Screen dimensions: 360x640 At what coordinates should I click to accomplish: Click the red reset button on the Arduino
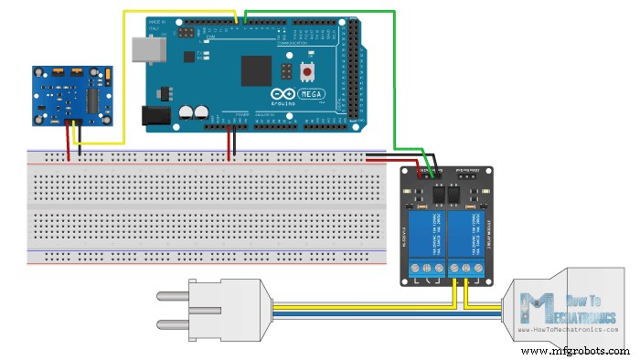[x=307, y=71]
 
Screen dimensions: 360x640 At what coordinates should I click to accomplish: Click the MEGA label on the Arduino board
[x=307, y=94]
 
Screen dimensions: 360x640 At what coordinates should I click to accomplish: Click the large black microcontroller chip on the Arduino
[x=257, y=70]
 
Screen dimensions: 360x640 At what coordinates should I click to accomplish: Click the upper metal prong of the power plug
[x=174, y=294]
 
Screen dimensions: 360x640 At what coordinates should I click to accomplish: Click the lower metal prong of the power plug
[x=174, y=323]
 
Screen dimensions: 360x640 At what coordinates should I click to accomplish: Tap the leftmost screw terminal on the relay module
[x=417, y=269]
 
